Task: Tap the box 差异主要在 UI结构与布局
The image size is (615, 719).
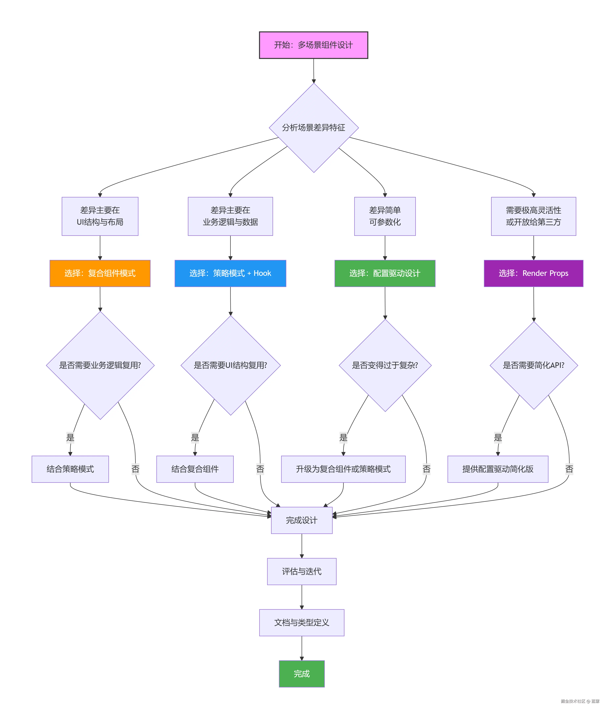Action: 100,216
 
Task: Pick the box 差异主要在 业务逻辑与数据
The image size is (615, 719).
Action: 230,216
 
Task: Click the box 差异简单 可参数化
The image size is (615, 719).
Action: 385,216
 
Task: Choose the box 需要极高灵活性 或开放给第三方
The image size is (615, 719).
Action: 533,216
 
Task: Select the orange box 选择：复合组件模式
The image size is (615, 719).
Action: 100,273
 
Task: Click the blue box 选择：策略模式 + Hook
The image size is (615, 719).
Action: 230,273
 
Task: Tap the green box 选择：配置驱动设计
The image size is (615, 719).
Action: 385,273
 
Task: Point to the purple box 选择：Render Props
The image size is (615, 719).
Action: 533,273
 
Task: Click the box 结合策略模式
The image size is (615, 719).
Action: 70,469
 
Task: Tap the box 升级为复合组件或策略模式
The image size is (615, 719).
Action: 343,469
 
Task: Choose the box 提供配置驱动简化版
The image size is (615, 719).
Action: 498,469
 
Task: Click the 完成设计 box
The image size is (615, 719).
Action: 301,520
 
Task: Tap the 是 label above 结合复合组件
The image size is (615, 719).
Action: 195,438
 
